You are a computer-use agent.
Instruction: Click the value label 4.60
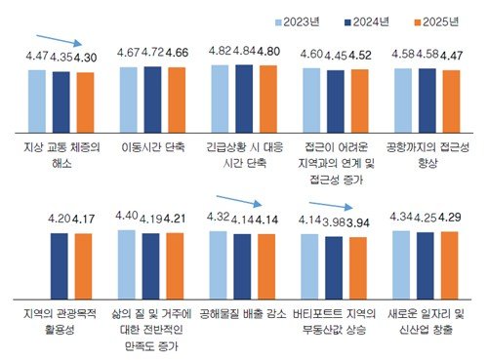pos(313,51)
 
